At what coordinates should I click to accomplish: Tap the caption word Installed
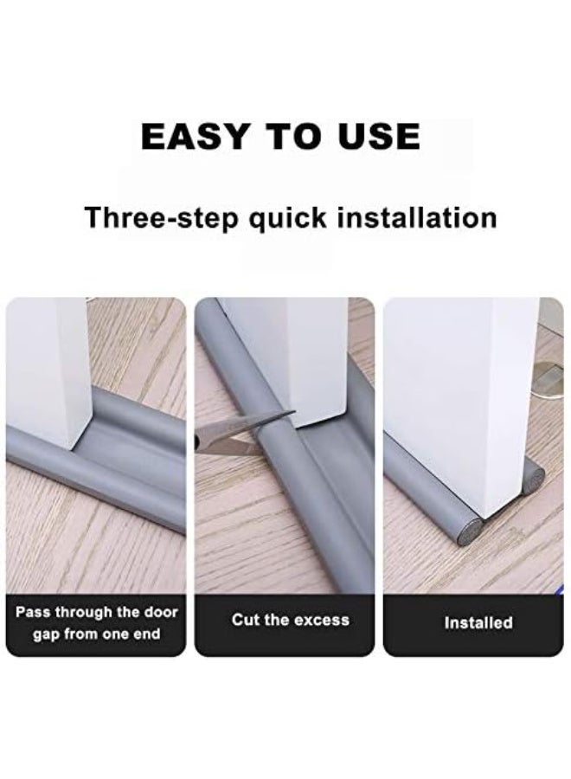[x=478, y=622]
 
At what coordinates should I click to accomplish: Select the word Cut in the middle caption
[x=246, y=620]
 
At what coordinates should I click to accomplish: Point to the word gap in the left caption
[x=49, y=634]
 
